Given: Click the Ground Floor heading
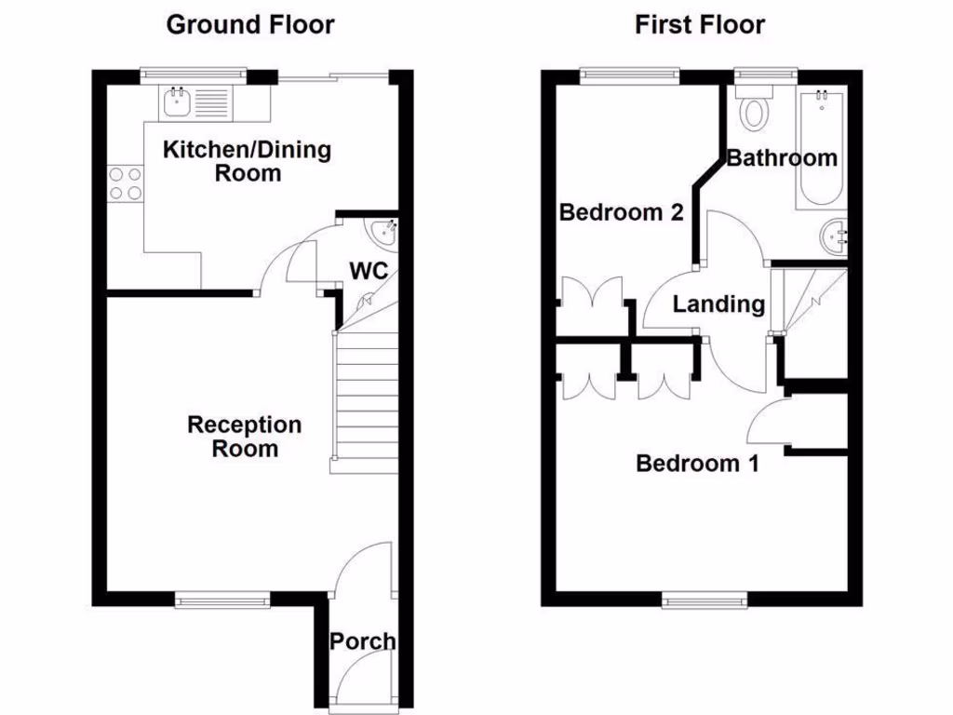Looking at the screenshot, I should pos(250,25).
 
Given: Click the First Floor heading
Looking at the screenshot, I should pos(699,25).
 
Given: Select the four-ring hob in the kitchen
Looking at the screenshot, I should pos(126,183).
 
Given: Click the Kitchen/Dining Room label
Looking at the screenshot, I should pos(248,161).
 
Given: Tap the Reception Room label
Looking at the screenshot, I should pos(245,437).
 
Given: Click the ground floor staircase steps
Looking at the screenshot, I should pos(366,400).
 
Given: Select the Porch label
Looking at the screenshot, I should pos(362,641).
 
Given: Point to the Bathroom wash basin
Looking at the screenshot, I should pos(833,236).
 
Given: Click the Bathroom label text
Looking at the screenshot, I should pos(782,158).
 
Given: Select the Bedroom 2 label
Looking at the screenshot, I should pos(621,212).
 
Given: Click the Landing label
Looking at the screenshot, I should pos(719,304).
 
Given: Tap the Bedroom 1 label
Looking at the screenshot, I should pos(697,463).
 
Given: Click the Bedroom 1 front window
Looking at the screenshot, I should pos(705,600).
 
